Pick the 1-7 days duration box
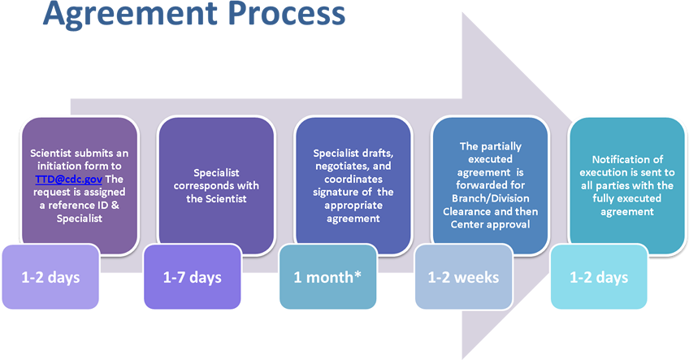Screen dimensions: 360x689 click(193, 277)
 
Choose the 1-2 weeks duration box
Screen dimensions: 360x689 click(463, 277)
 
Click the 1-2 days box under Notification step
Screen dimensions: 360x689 click(598, 277)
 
